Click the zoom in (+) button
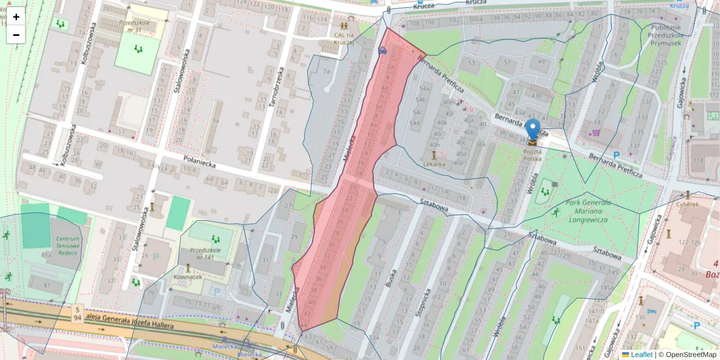(16, 17)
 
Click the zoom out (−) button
(16, 35)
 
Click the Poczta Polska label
(532, 155)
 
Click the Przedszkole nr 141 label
(206, 253)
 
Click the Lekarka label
(434, 163)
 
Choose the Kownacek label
(187, 278)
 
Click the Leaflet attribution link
(641, 355)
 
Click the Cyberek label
(688, 204)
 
